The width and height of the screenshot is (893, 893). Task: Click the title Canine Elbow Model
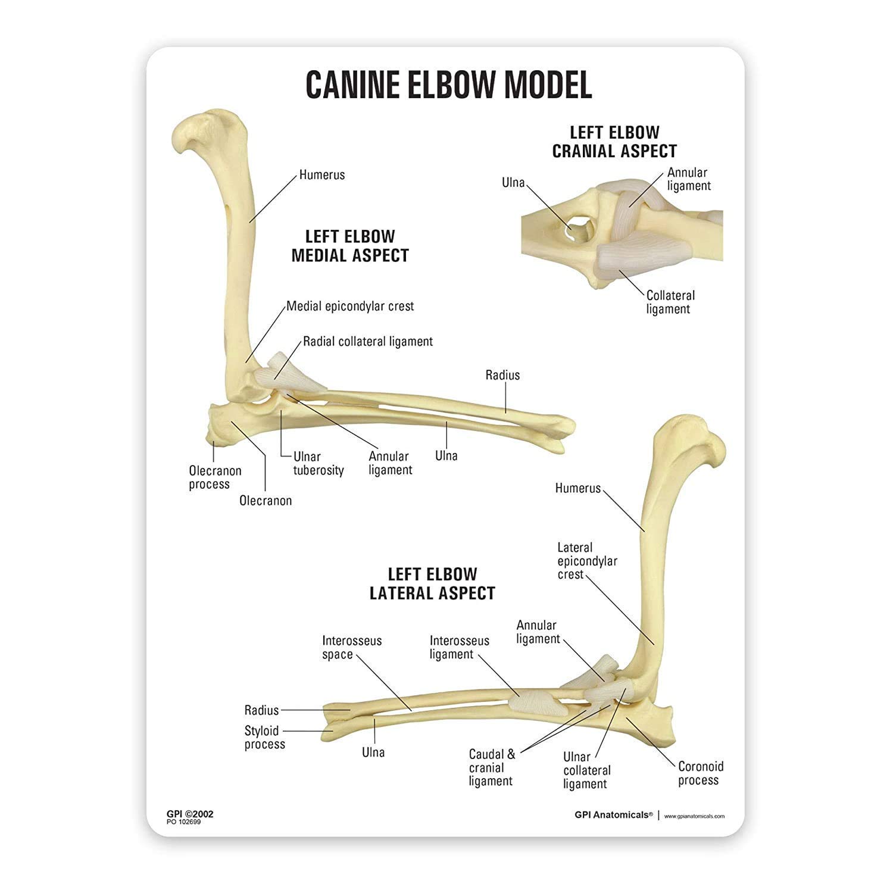pos(448,85)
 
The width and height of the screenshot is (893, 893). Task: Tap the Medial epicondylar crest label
pos(350,307)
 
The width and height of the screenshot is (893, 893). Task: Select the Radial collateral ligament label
pos(368,342)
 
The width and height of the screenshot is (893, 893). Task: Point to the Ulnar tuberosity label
pos(319,464)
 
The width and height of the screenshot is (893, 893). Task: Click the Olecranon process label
pos(215,477)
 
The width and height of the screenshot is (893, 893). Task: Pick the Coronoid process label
pos(700,773)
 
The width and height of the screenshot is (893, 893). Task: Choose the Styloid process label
pos(264,738)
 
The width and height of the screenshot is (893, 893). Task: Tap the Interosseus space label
pos(351,648)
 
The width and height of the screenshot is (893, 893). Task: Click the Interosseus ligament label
pos(459,648)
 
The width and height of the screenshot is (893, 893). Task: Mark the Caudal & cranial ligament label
pos(492,768)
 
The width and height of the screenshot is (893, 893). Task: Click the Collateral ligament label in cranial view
pos(670,302)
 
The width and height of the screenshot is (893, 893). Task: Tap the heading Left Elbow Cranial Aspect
pos(614,142)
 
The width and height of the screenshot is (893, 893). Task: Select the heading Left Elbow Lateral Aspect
pos(432,583)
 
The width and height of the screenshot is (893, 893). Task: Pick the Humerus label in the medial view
pos(321,175)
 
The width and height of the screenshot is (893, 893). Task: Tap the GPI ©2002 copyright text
pos(190,814)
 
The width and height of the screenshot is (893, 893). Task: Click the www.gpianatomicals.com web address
pos(694,816)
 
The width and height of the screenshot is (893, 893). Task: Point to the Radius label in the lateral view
pos(261,710)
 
